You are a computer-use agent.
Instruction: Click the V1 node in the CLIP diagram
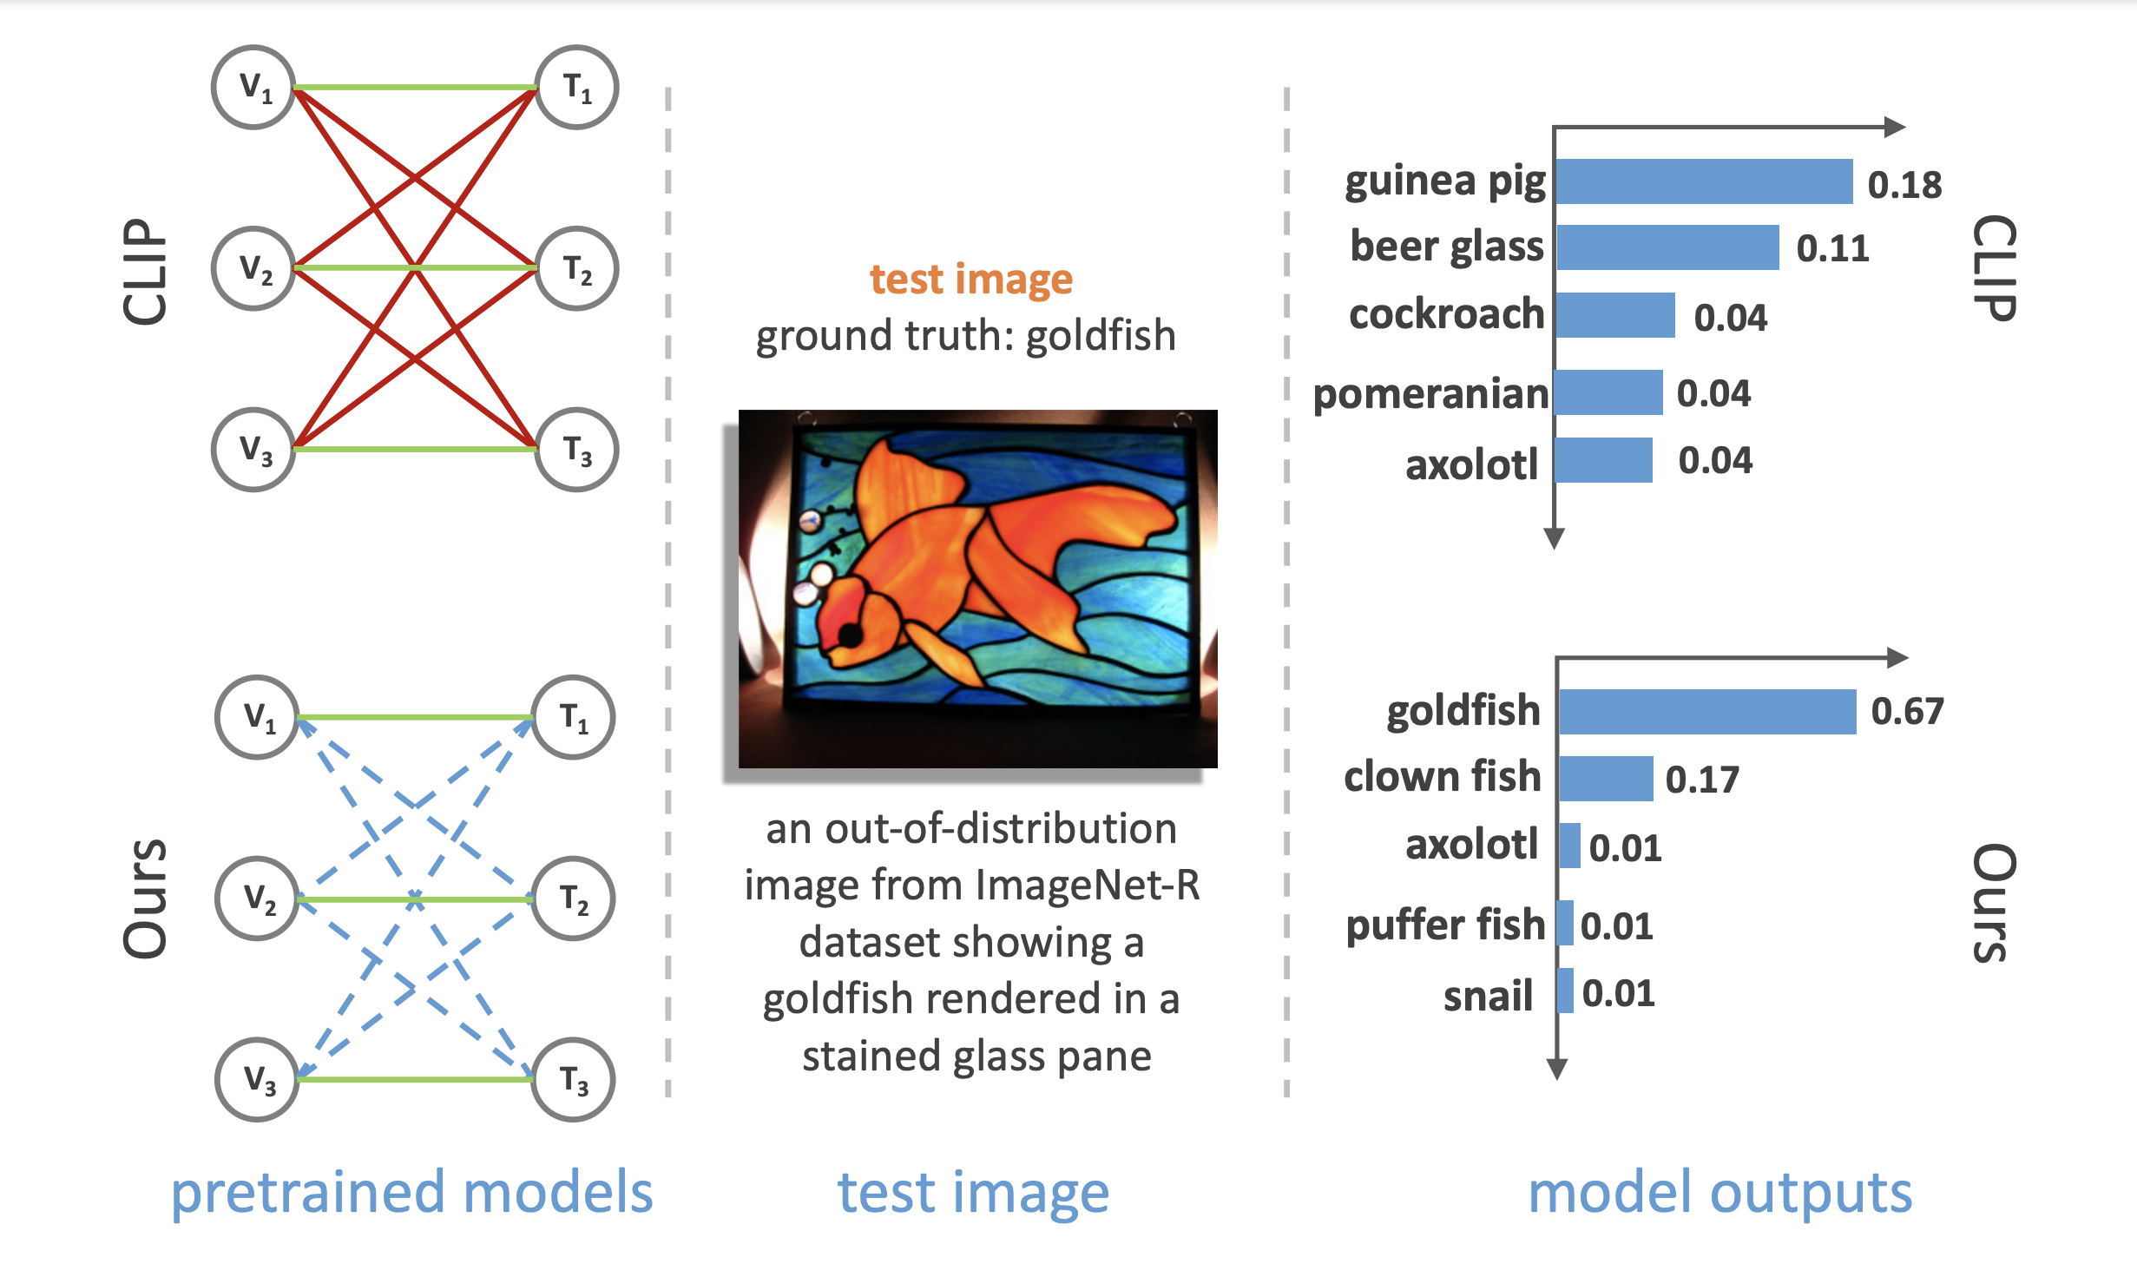254,88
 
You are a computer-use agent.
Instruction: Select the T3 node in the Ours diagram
573,1079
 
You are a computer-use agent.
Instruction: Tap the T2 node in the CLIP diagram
576,268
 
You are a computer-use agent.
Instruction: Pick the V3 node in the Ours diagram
258,1079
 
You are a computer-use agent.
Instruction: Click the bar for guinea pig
1704,181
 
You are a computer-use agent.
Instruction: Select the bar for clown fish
1606,779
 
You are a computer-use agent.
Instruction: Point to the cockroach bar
1615,315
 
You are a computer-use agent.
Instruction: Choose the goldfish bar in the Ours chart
1707,712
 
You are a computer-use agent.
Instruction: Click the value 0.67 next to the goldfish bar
1907,712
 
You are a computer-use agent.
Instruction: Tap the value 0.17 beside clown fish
1702,780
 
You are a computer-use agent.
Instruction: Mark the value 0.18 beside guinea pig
1904,185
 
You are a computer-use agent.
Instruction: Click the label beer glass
1447,247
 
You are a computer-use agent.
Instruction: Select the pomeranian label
1430,394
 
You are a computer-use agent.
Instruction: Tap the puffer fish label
1445,925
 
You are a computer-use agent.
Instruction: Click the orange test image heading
971,280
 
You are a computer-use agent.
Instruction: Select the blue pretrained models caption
411,1192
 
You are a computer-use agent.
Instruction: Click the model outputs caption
1719,1192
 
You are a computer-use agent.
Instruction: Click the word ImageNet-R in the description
1088,885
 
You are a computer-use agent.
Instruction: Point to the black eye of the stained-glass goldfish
850,635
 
